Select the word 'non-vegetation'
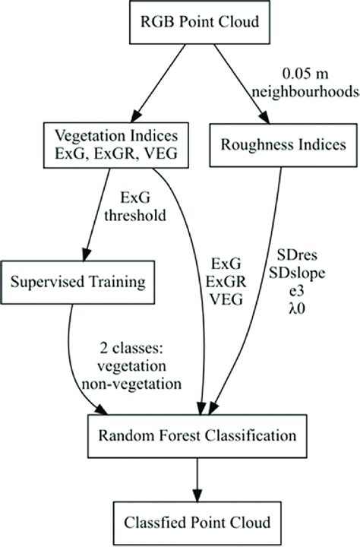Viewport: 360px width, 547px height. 137,384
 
